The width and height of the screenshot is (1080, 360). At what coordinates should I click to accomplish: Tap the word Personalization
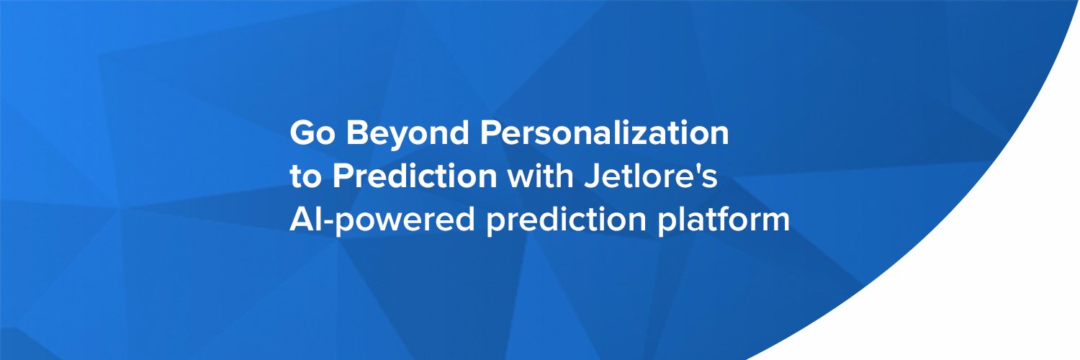point(603,132)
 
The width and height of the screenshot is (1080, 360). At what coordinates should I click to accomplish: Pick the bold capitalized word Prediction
point(415,176)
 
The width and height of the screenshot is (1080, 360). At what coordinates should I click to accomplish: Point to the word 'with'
point(540,176)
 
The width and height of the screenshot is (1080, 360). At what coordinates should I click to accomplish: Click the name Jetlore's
point(650,176)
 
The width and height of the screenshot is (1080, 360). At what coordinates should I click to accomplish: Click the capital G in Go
point(302,132)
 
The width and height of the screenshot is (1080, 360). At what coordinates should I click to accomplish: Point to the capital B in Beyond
point(357,132)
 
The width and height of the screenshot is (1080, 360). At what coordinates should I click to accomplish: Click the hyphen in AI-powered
point(328,222)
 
